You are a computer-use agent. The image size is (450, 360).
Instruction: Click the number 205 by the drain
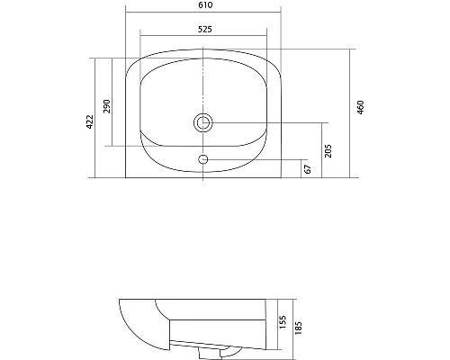(329, 149)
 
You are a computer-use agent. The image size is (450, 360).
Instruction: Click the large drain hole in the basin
(204, 122)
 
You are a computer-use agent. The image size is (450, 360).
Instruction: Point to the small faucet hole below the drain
(204, 160)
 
